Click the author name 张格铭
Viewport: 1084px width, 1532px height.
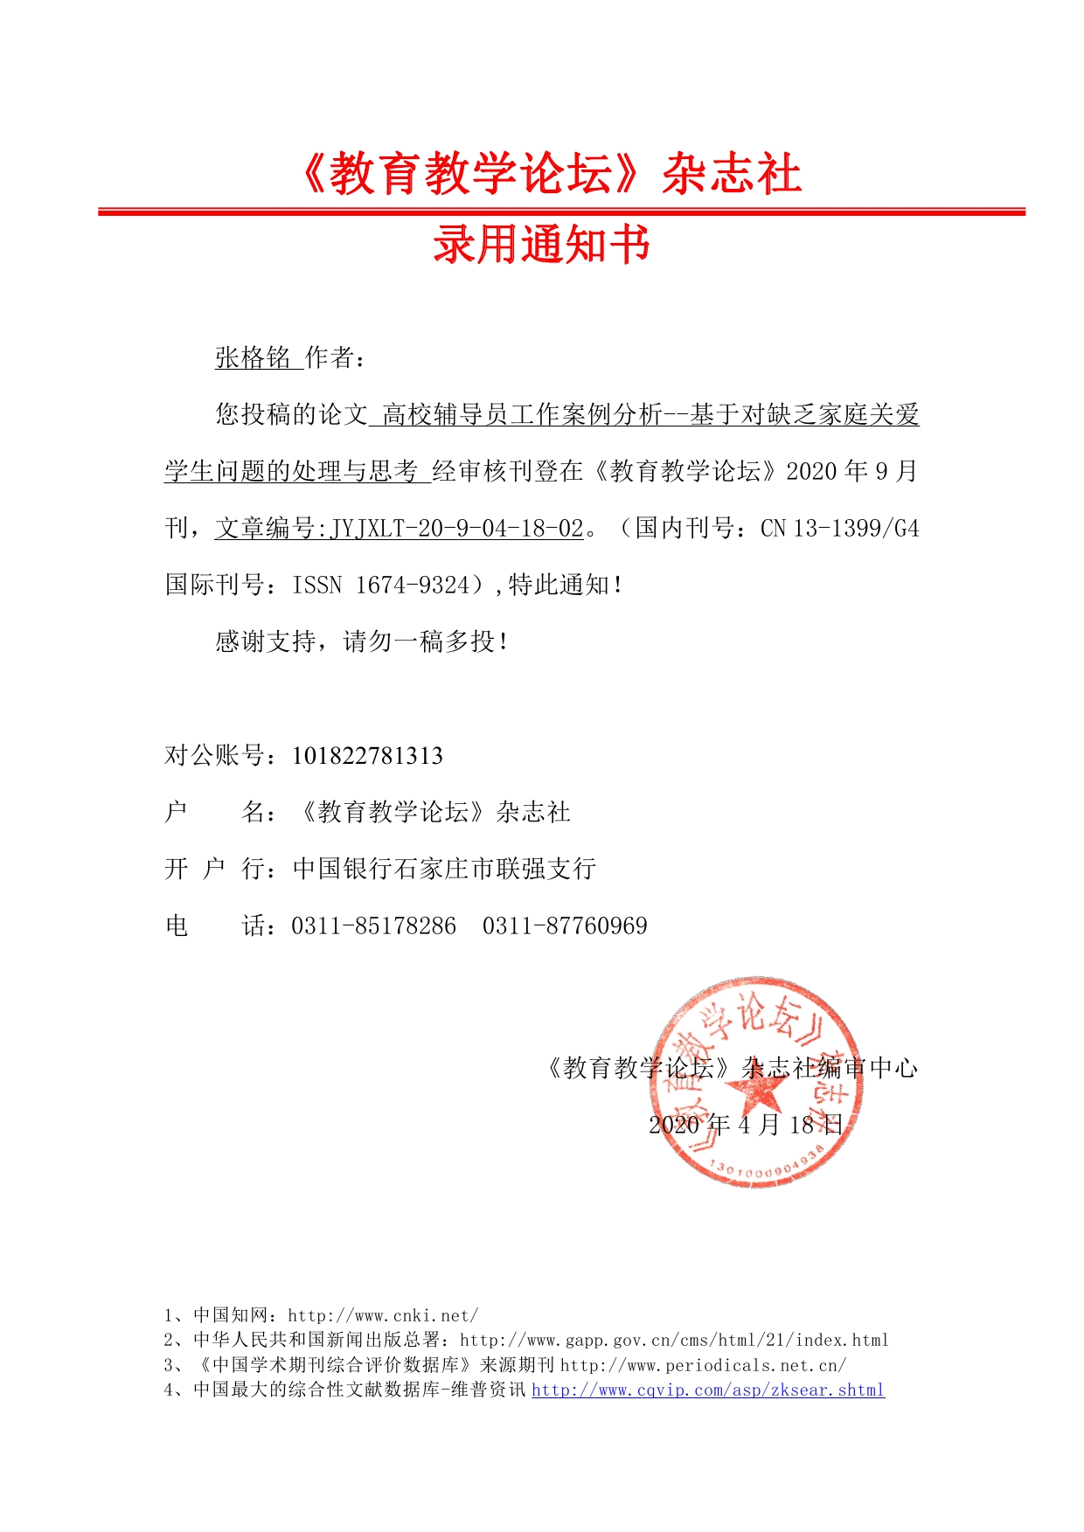(253, 357)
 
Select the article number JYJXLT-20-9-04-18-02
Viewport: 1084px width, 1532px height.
(456, 528)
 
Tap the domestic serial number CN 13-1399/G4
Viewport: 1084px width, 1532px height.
(839, 528)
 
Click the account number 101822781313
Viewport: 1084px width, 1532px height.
(367, 755)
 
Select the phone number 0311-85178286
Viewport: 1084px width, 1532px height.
(373, 925)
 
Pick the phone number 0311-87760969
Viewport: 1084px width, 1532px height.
(565, 925)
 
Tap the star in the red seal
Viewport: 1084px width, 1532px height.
(754, 1090)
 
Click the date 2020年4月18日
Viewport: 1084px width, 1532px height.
(746, 1124)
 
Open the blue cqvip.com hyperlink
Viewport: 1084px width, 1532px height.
(708, 1390)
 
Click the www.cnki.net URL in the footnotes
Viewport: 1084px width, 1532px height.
(383, 1315)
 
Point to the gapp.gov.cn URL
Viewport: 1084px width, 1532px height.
(674, 1340)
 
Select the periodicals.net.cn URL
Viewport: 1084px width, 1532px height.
(703, 1365)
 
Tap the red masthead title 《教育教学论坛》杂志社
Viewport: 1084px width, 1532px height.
(548, 173)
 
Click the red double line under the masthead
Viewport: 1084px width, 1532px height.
(560, 211)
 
